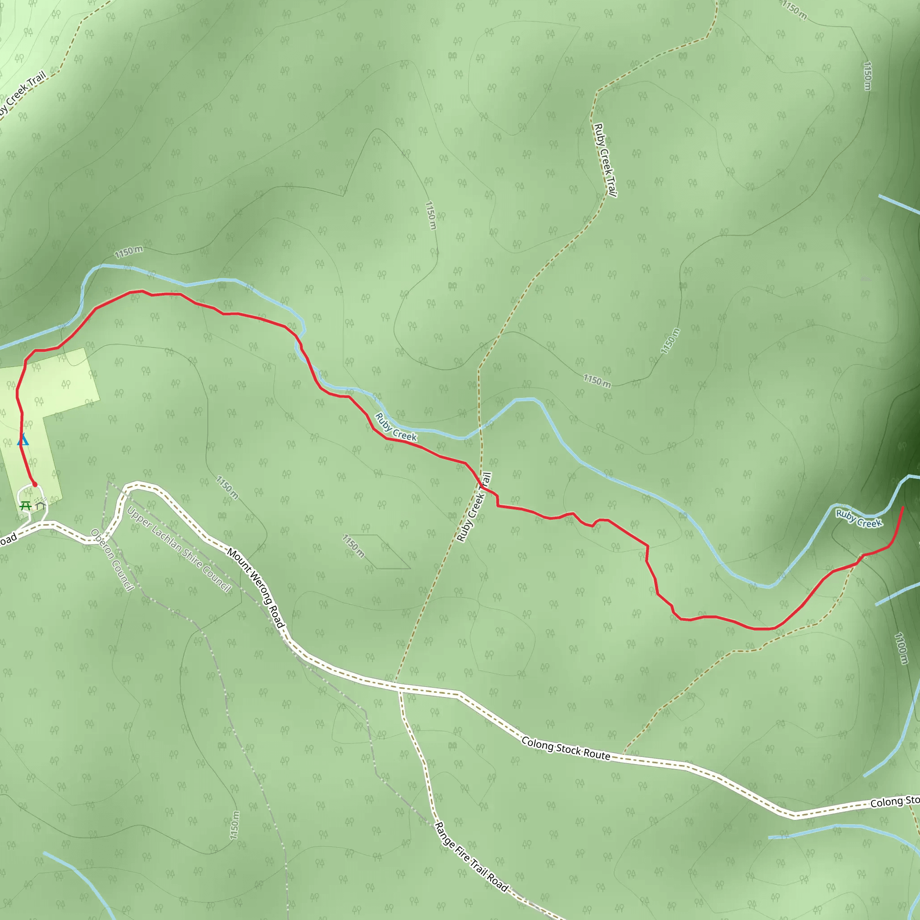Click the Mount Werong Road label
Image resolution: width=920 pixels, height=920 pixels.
coord(255,588)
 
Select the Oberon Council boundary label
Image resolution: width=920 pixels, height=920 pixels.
coord(112,560)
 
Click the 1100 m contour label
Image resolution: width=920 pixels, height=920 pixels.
coord(902,648)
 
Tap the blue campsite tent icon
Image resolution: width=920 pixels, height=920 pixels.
coord(23,439)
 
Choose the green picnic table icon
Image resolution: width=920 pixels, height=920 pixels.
coord(26,505)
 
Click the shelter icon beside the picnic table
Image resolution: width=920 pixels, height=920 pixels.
coord(40,505)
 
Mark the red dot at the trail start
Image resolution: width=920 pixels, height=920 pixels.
coord(34,484)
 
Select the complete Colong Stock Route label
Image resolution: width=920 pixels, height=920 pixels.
coord(566,748)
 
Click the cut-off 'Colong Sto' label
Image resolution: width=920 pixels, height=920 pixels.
coord(894,802)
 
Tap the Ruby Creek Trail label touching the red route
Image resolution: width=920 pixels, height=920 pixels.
coord(474,507)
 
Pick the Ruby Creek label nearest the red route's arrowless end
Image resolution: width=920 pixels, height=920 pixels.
coord(859,518)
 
